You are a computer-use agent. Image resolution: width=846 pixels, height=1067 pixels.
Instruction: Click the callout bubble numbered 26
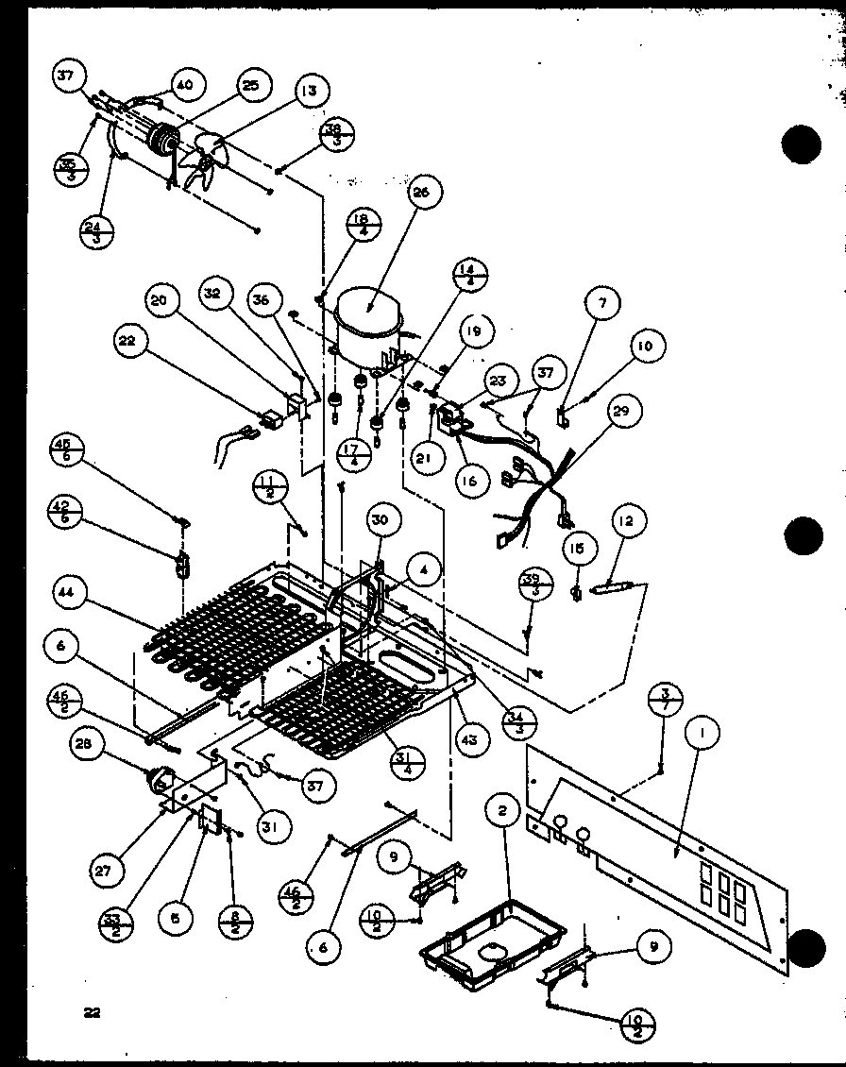coord(421,195)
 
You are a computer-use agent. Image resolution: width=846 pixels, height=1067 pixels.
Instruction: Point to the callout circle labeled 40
coord(183,85)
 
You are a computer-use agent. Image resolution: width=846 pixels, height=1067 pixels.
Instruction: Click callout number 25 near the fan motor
coord(249,86)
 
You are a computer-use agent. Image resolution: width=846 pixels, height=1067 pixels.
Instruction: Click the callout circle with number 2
coord(502,809)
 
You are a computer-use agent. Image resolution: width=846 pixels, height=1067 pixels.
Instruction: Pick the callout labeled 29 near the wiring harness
coord(625,412)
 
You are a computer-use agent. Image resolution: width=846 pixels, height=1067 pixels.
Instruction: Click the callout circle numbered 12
coord(628,520)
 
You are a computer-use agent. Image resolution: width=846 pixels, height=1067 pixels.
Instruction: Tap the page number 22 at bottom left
coord(92,1013)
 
